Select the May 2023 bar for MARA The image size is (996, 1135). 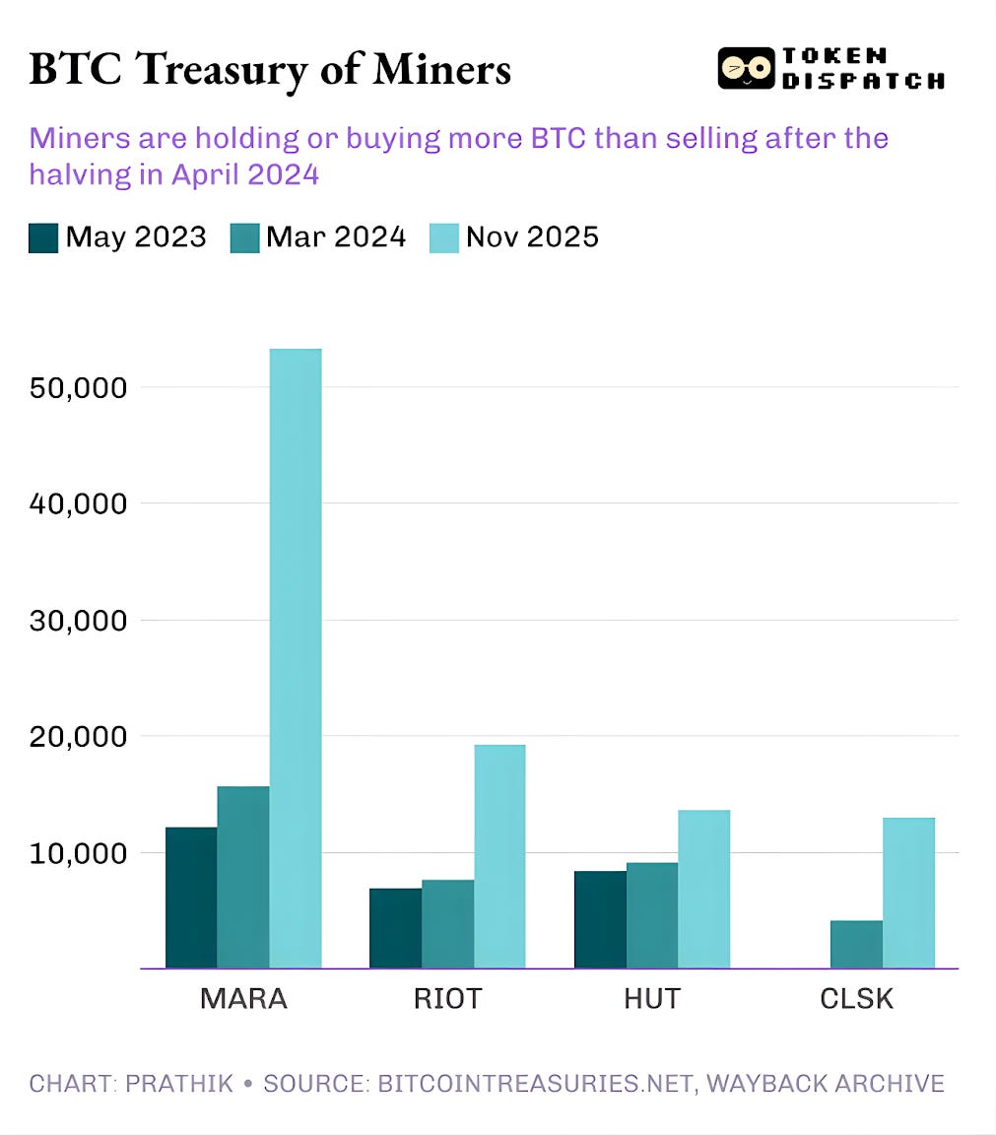(x=191, y=898)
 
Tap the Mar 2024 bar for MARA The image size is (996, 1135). (x=242, y=877)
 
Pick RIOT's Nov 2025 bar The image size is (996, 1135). (x=499, y=856)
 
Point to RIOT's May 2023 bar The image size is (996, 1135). (x=395, y=928)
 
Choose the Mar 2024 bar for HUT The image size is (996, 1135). (x=651, y=915)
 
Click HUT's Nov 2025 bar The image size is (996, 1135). (x=703, y=889)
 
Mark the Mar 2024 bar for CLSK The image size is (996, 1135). (x=856, y=944)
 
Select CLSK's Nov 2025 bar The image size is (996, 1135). (x=908, y=893)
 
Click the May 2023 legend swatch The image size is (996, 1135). (x=43, y=238)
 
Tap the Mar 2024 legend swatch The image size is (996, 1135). (x=244, y=238)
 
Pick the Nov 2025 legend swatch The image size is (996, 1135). (x=444, y=238)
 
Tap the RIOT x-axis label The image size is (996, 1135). (x=447, y=998)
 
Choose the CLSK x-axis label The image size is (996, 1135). (x=856, y=998)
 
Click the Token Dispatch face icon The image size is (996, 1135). (x=746, y=68)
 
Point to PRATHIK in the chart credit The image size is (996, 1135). (x=180, y=1084)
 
